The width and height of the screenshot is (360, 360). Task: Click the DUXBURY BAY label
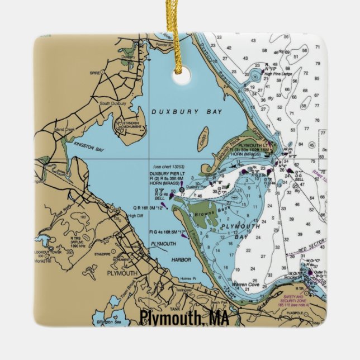coord(187,112)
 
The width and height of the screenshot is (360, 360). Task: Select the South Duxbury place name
coord(108,103)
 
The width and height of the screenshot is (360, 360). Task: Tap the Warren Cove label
coord(244,285)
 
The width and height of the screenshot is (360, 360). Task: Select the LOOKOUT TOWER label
coord(48,253)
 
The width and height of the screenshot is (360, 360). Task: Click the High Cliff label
coord(136,215)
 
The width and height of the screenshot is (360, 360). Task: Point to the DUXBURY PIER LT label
coord(167,174)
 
